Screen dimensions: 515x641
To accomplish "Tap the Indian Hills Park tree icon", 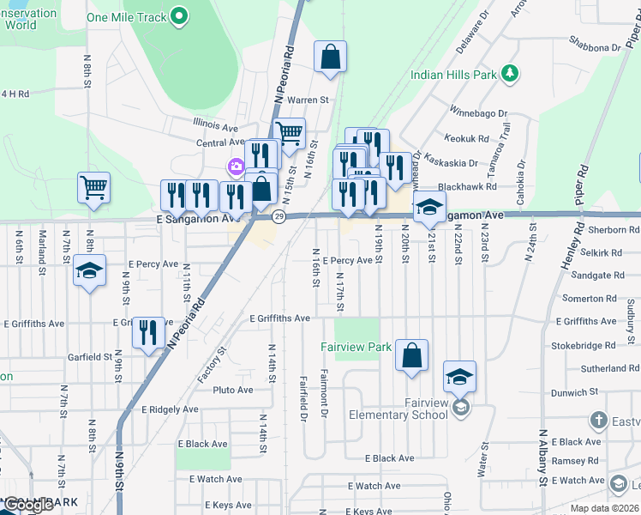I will pyautogui.click(x=510, y=74).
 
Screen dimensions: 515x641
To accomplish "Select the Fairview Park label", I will pyautogui.click(x=356, y=347).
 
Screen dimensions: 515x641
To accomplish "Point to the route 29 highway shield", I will pyautogui.click(x=279, y=216).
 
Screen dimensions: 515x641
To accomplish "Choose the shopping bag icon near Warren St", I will pyautogui.click(x=329, y=58).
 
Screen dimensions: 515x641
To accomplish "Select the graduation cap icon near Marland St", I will pyautogui.click(x=89, y=271).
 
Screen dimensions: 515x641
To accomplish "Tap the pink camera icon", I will pyautogui.click(x=234, y=166).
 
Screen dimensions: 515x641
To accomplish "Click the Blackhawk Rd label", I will pyautogui.click(x=467, y=186).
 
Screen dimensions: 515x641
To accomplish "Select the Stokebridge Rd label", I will pyautogui.click(x=584, y=345).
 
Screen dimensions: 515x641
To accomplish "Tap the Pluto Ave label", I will pyautogui.click(x=233, y=390).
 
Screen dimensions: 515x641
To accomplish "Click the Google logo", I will pyautogui.click(x=28, y=505).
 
